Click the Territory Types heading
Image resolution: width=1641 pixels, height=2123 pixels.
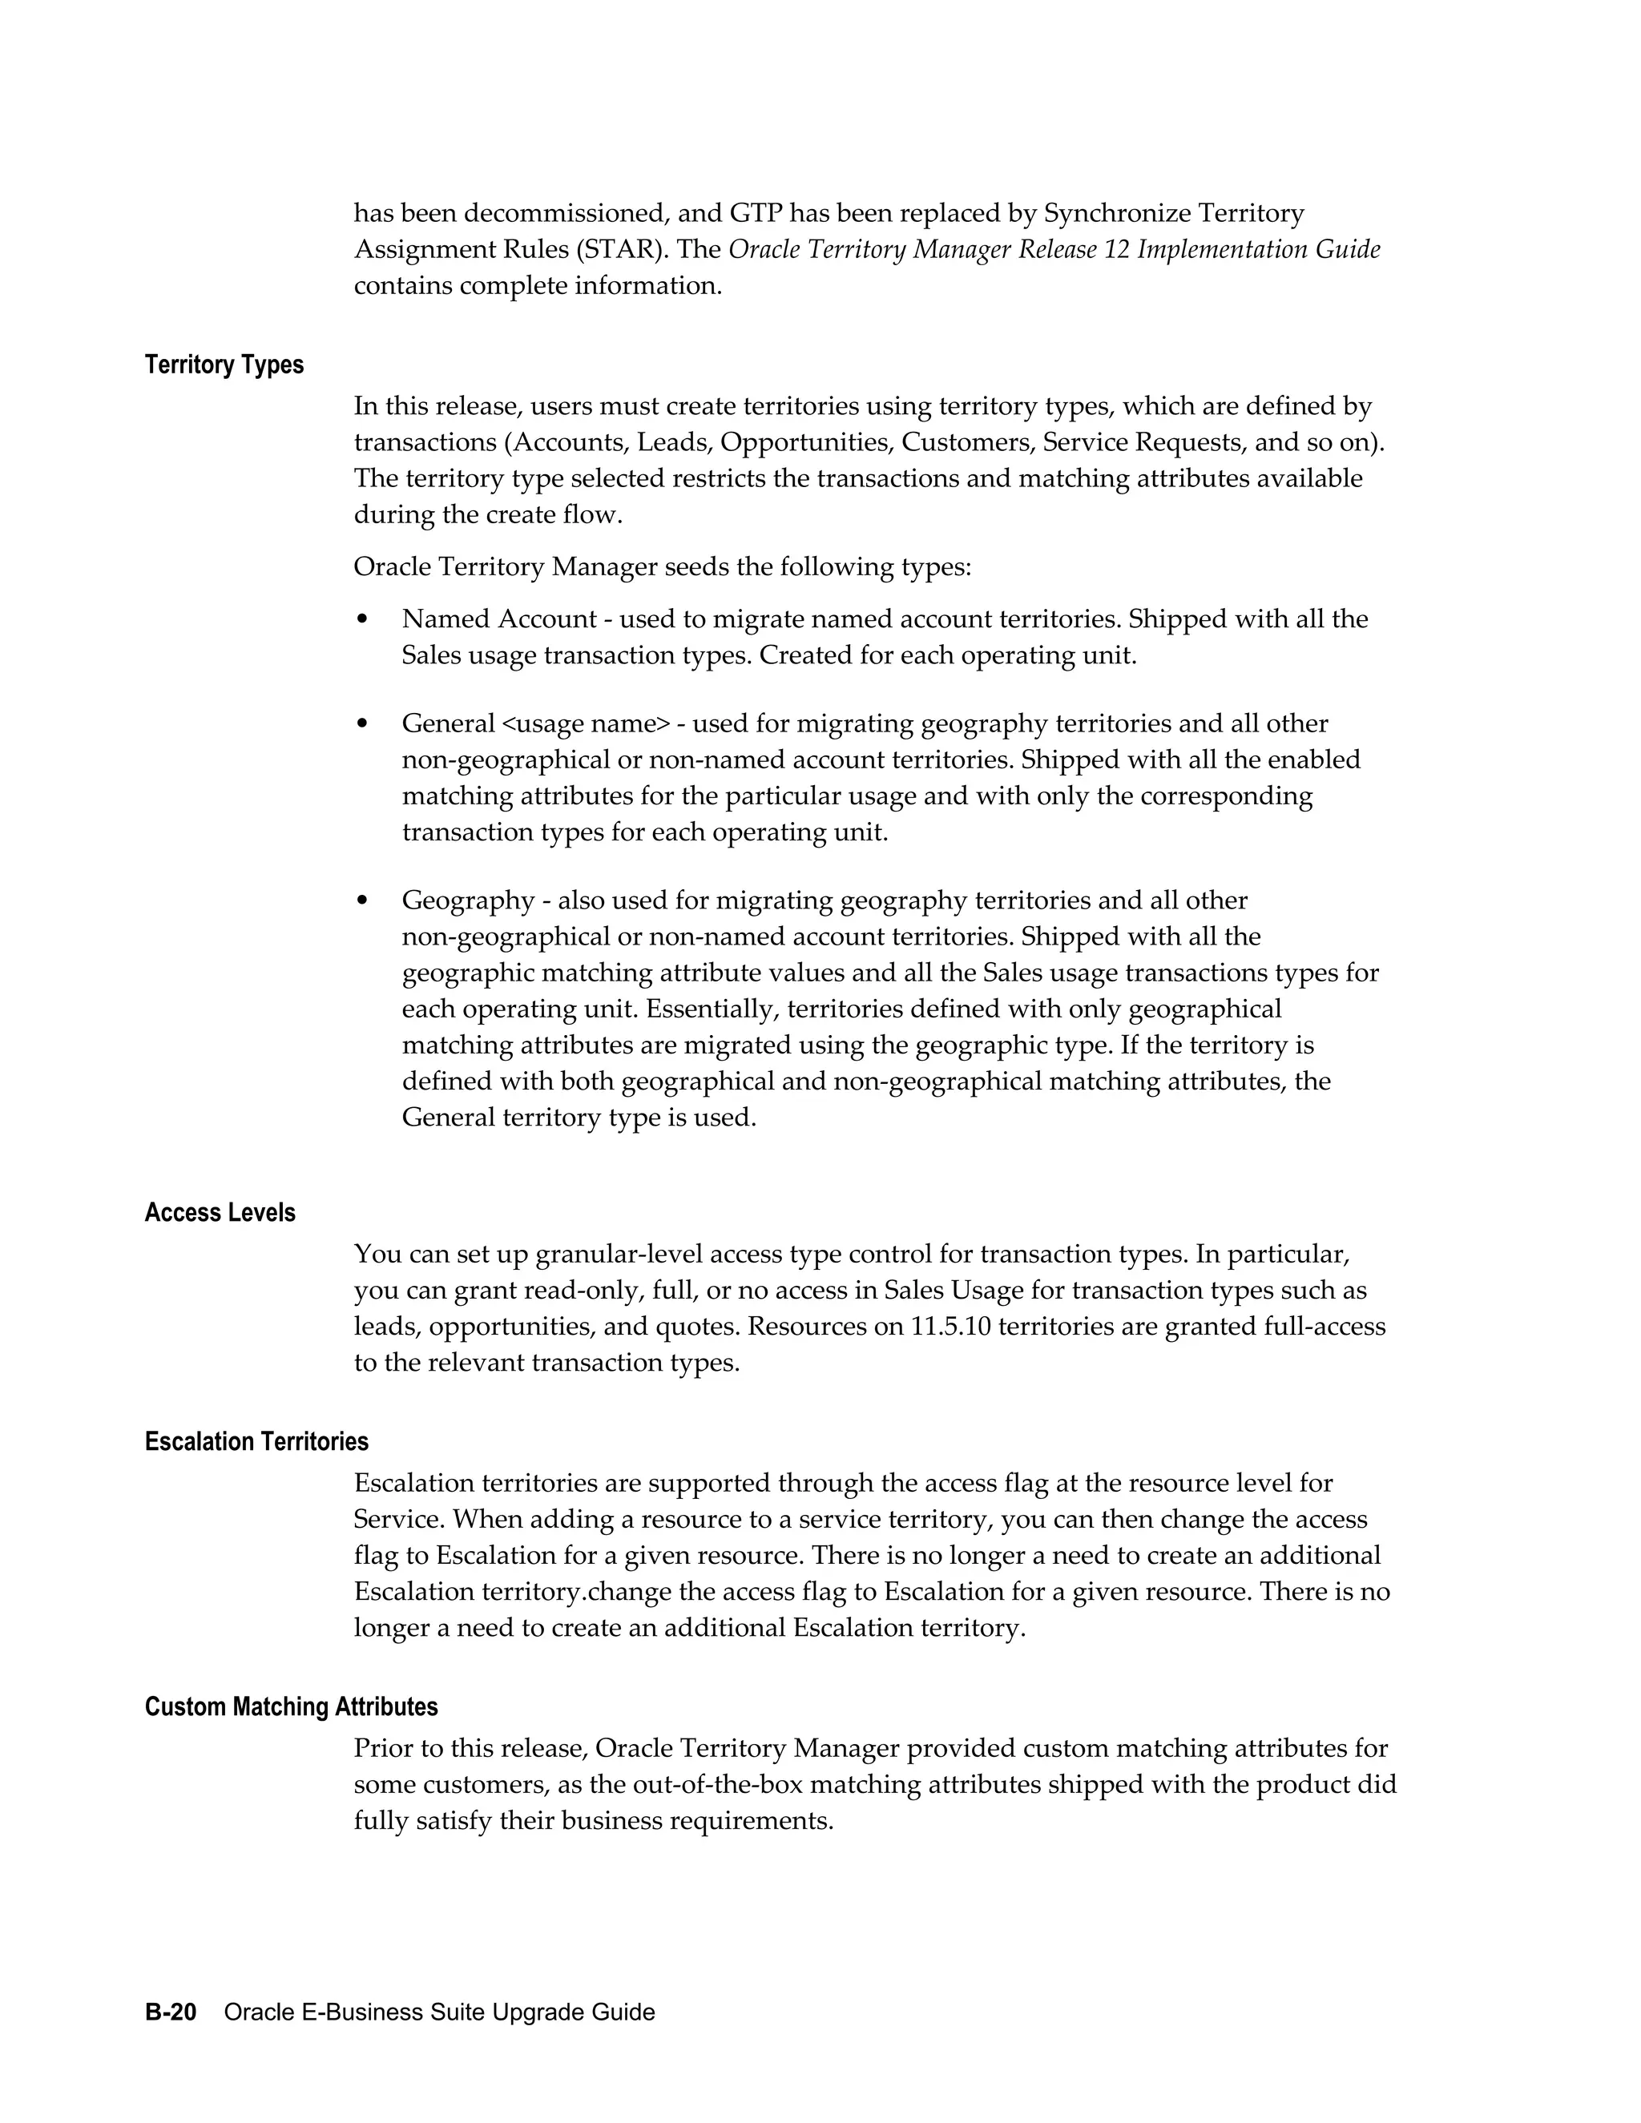click(x=224, y=365)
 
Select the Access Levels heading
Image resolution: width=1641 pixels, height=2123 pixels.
click(x=220, y=1212)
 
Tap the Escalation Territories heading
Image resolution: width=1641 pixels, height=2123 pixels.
click(x=256, y=1440)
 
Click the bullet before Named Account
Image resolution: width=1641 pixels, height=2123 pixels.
click(x=363, y=619)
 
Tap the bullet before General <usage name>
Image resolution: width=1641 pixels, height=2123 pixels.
click(x=363, y=724)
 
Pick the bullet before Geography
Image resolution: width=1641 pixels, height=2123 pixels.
click(x=363, y=901)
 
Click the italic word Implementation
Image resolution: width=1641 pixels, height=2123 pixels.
click(x=1222, y=250)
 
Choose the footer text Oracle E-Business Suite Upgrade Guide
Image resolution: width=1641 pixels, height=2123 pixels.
click(x=439, y=2011)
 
